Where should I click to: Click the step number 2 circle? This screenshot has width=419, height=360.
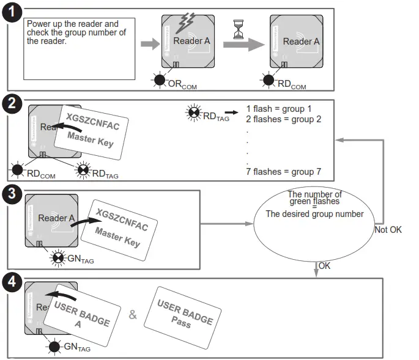12,104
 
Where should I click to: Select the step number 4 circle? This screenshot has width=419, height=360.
12,282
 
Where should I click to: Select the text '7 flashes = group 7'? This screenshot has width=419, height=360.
282,172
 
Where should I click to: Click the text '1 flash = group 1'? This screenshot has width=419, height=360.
278,109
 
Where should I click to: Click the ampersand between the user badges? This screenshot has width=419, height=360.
133,315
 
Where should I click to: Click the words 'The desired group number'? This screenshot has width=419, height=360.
314,214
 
